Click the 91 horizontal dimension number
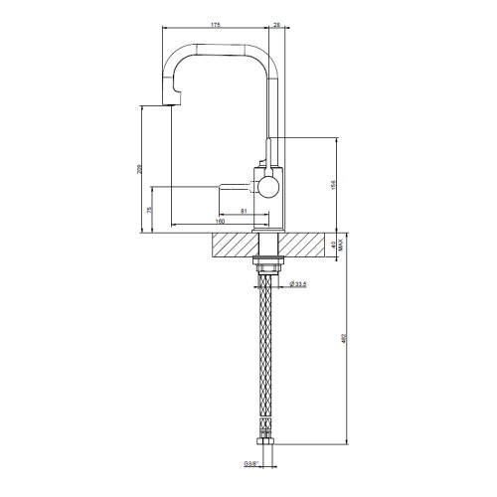[245, 211]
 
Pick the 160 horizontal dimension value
[220, 222]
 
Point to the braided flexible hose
[268, 358]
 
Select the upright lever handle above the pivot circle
[266, 156]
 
